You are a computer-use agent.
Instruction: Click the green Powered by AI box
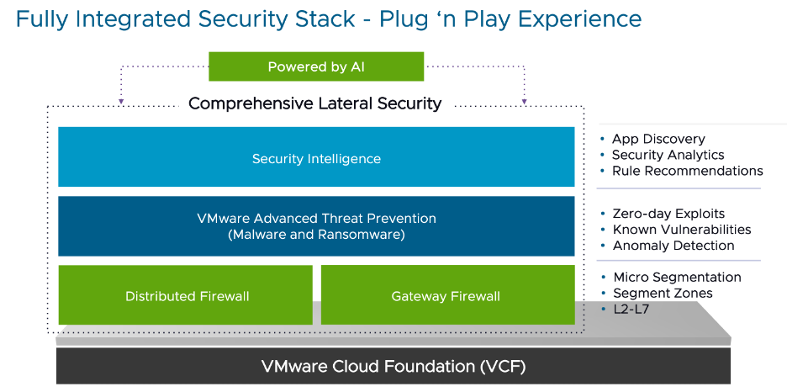315,67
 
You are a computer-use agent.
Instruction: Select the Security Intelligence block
316,158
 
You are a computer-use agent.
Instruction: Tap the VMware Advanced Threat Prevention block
316,226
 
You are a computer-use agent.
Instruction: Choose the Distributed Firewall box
187,295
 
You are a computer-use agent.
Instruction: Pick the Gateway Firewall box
446,295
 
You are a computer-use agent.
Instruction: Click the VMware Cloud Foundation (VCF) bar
393,366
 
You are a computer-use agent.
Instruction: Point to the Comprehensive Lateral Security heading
314,103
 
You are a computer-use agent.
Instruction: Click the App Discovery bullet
658,139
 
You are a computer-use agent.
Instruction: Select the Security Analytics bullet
668,155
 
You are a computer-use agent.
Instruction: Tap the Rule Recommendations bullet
687,171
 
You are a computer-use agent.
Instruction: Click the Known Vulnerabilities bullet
681,230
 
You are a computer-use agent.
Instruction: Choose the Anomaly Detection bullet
673,246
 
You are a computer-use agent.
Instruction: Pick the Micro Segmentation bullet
677,278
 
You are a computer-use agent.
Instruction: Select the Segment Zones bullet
663,294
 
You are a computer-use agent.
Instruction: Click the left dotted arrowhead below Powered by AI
121,102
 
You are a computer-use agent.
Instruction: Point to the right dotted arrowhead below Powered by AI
524,102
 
